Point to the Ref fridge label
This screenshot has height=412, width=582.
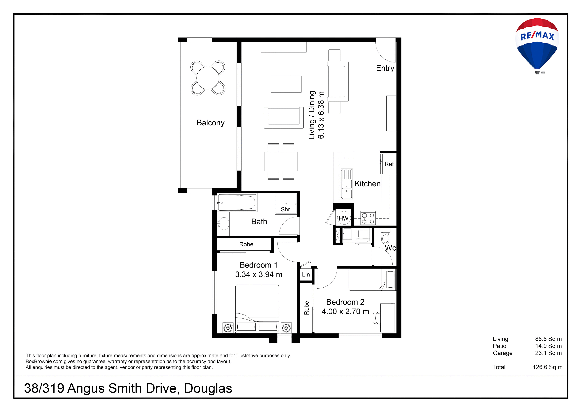[389, 164]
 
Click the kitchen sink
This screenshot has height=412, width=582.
[347, 183]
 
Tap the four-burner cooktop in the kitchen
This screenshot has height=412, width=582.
[368, 218]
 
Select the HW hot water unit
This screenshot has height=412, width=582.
[343, 218]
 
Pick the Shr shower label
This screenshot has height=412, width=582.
[285, 209]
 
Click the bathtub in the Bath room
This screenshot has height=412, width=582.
[237, 202]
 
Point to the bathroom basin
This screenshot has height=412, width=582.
[224, 224]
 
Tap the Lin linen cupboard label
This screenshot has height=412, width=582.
[306, 275]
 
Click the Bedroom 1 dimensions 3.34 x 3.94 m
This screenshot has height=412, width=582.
[258, 275]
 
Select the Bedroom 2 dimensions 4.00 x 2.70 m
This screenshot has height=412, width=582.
[345, 312]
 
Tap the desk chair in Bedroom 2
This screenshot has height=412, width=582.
[377, 318]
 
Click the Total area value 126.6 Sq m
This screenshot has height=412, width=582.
[547, 367]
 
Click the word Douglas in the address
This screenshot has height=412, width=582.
[208, 388]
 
